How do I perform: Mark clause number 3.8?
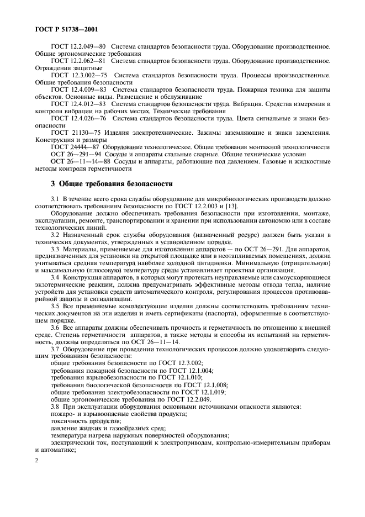coord(56,407)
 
